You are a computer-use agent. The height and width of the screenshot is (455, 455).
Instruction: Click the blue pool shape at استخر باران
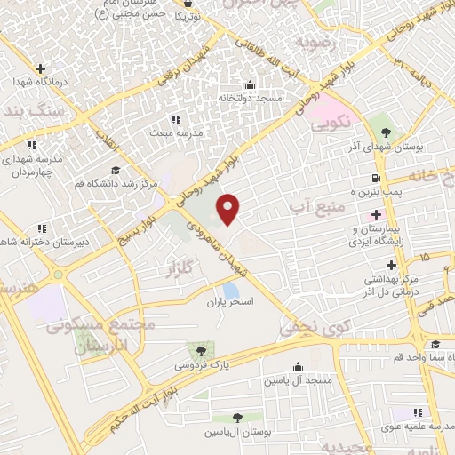(x=231, y=290)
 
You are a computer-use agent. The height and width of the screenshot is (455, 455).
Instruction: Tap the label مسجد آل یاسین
(x=297, y=379)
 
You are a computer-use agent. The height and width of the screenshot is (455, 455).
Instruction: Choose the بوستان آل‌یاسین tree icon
(x=237, y=418)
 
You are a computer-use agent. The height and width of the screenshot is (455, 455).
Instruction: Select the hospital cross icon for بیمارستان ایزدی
(x=376, y=214)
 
